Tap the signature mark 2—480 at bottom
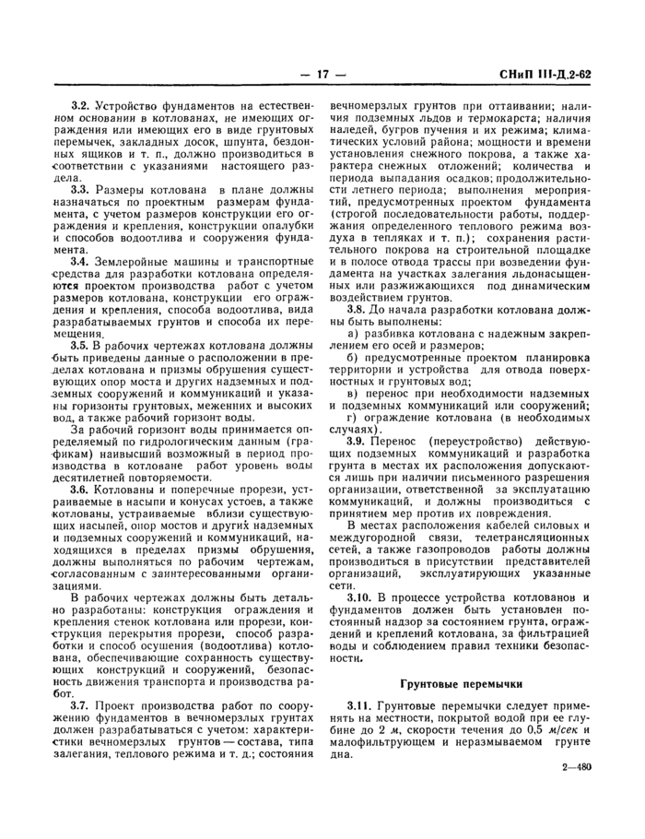point(576,765)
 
